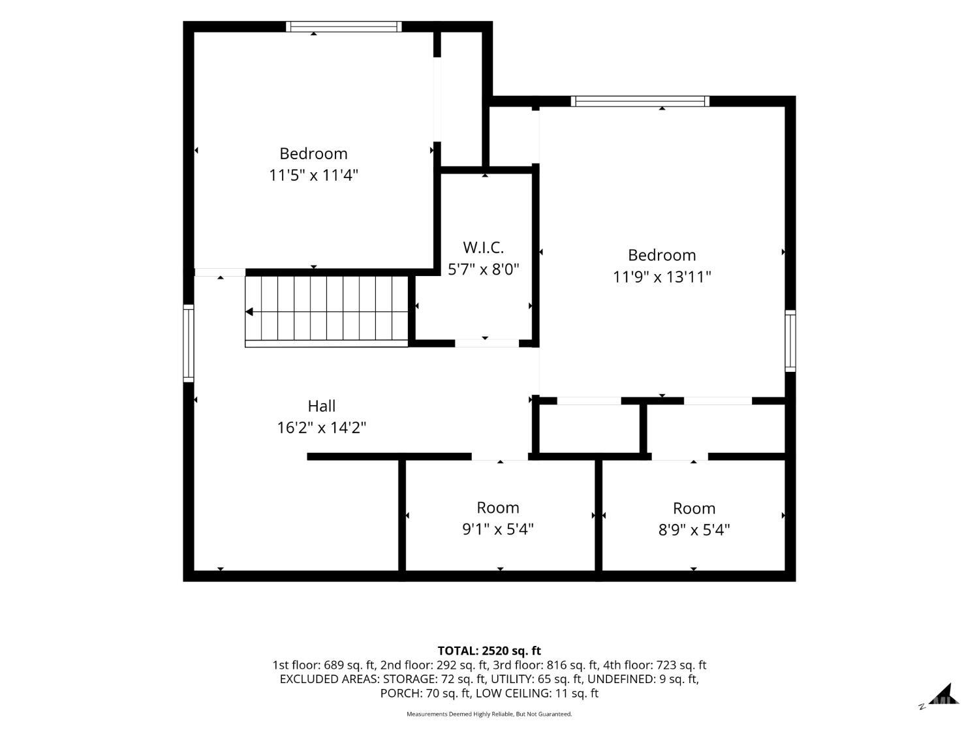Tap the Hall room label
(x=321, y=406)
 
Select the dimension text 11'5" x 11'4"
(x=313, y=175)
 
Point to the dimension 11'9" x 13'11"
(x=661, y=277)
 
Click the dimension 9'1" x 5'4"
(x=498, y=529)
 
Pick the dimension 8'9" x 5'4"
(x=694, y=529)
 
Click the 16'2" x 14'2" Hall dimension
(x=321, y=428)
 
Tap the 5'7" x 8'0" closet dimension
(x=484, y=269)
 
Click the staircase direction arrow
(x=249, y=311)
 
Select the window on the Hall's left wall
(x=189, y=343)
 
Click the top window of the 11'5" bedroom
(x=343, y=27)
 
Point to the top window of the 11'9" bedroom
(x=640, y=101)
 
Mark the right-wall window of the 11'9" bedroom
(x=790, y=341)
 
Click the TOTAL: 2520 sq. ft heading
(x=489, y=650)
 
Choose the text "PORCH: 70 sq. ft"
(x=426, y=694)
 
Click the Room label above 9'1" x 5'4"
(x=498, y=508)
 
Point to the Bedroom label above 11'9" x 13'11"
(x=662, y=255)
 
